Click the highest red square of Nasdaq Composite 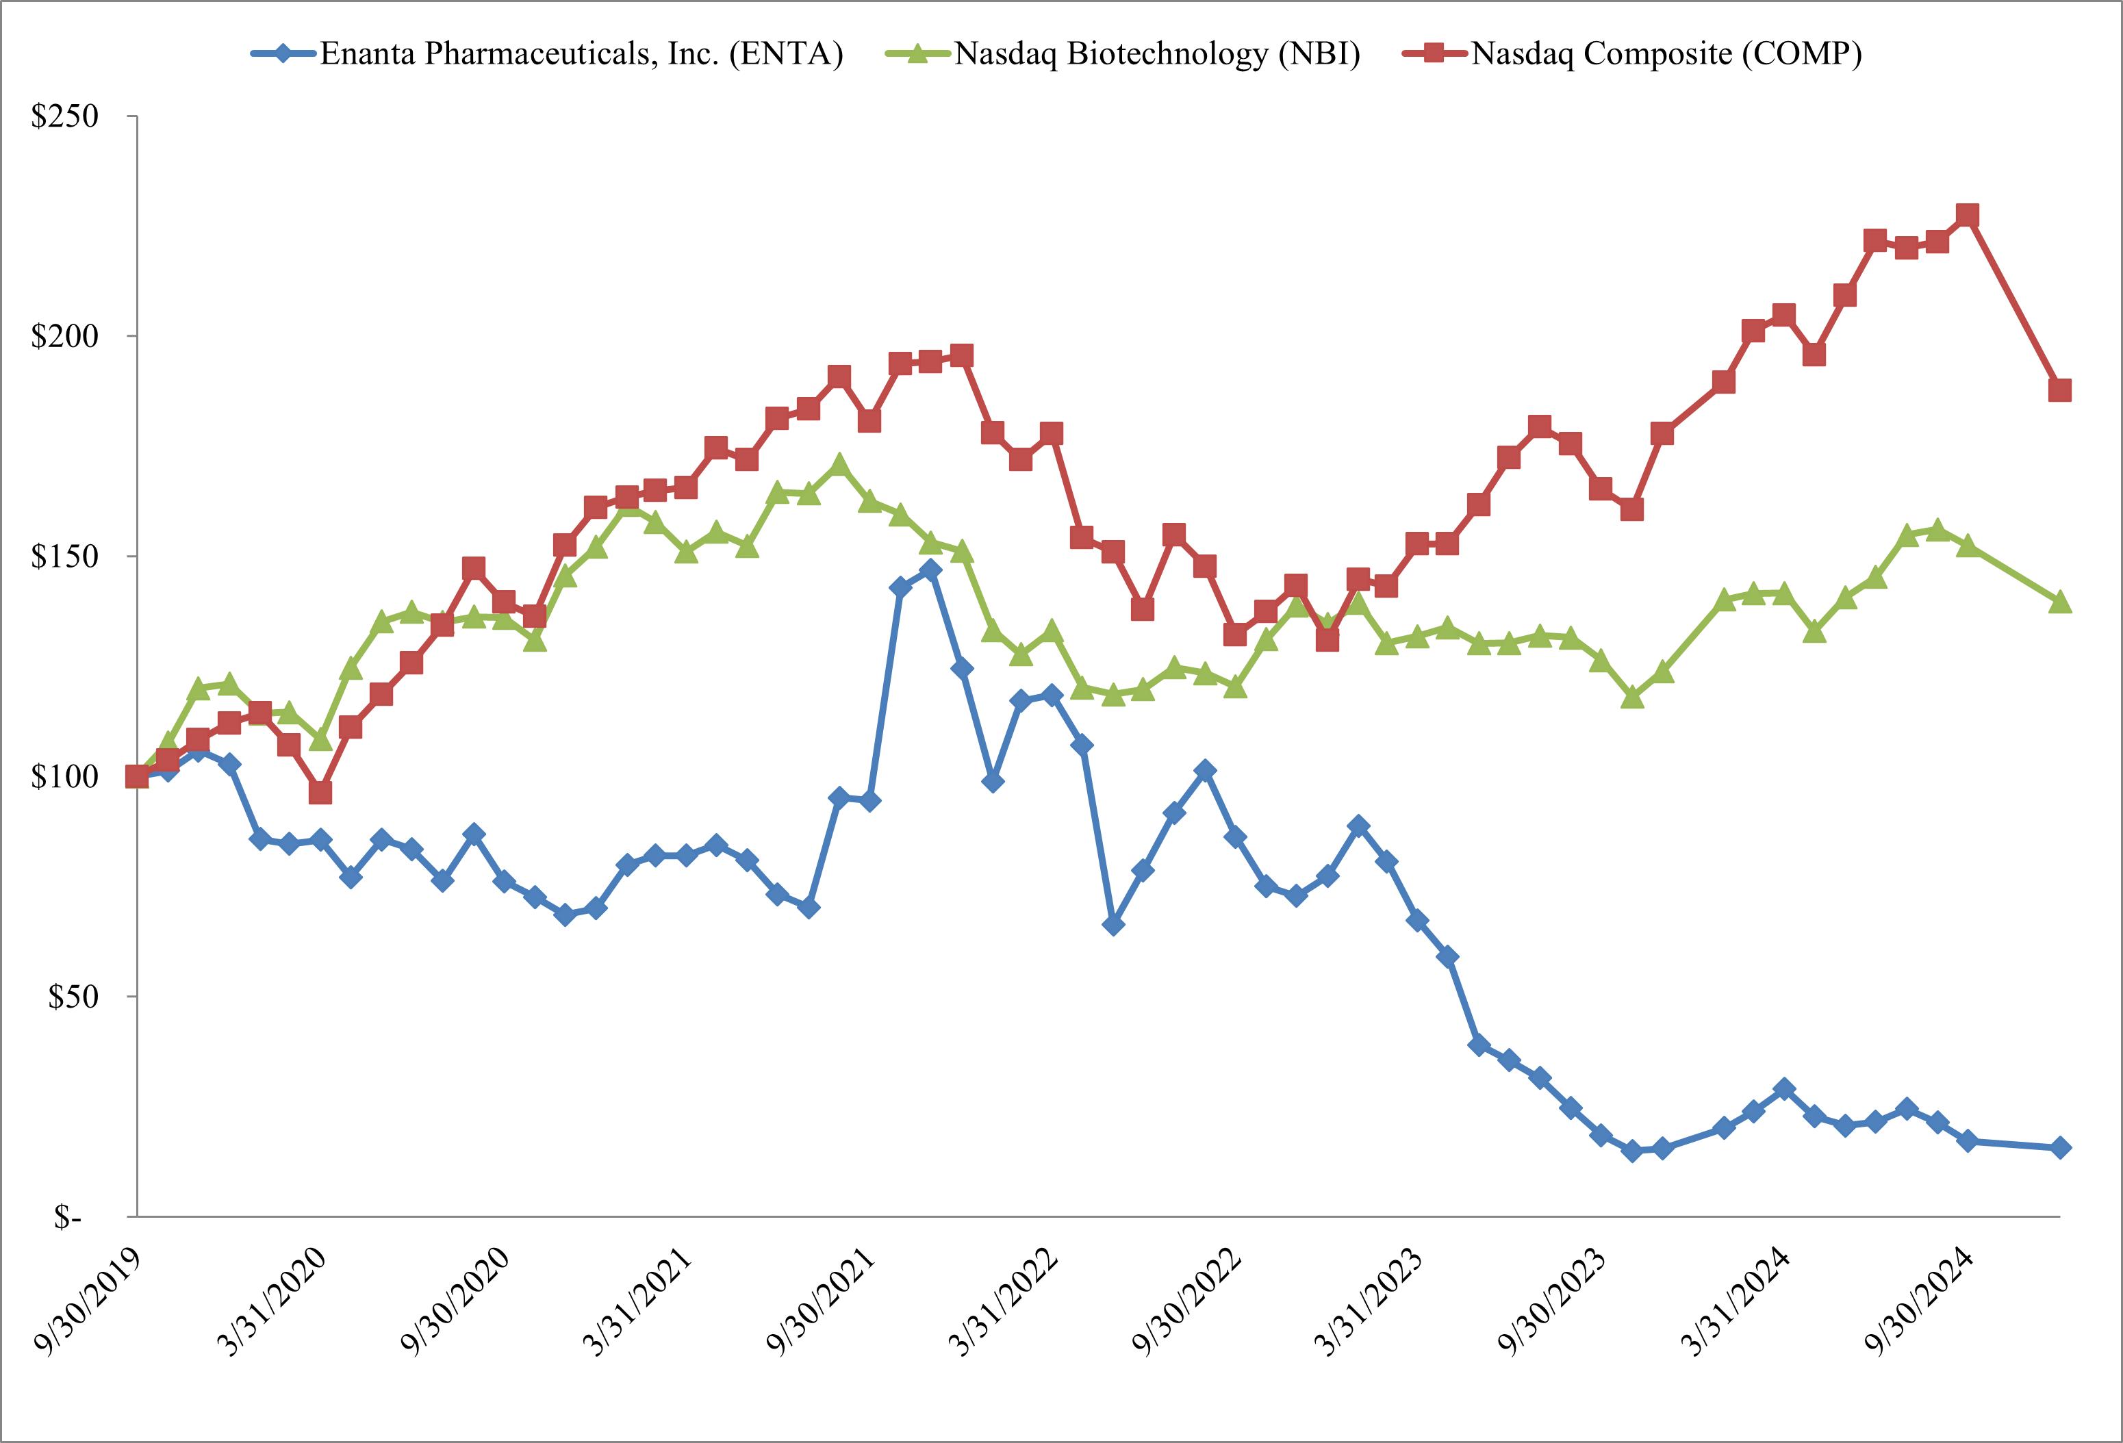pyautogui.click(x=1968, y=216)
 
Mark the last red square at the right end pyautogui.click(x=2060, y=390)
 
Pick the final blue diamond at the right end pyautogui.click(x=2060, y=1148)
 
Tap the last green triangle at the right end pyautogui.click(x=2060, y=602)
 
